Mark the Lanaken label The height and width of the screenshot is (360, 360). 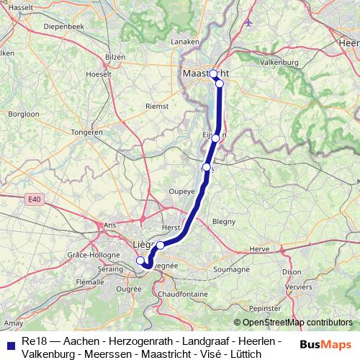[184, 42]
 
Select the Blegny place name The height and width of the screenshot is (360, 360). [224, 221]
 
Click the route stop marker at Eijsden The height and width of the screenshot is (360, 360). [215, 138]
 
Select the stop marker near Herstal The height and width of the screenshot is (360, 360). [161, 246]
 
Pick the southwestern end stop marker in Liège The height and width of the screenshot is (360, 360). [140, 261]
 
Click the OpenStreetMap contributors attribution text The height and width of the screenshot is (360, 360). [292, 322]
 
